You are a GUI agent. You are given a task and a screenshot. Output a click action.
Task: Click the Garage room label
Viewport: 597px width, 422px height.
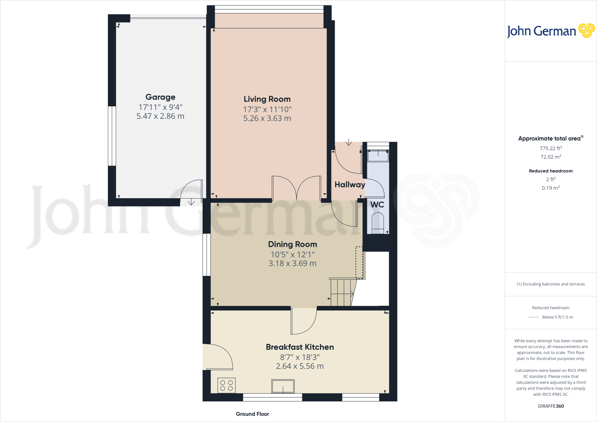point(160,97)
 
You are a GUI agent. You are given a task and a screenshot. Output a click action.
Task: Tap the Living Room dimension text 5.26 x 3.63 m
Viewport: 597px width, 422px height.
point(267,118)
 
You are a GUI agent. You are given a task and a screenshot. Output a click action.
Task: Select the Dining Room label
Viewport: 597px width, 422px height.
point(292,244)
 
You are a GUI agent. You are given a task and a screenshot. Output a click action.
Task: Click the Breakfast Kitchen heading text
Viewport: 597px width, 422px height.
point(300,347)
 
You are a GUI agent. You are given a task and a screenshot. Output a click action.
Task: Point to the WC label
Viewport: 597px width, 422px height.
point(377,205)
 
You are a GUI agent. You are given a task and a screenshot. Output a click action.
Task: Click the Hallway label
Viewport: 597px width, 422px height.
point(350,184)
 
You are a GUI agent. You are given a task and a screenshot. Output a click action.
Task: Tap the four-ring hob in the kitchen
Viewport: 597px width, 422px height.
point(226,385)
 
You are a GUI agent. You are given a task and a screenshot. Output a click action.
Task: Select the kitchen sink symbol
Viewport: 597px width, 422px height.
point(283,386)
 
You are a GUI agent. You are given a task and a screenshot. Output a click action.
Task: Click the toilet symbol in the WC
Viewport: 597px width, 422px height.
point(378,223)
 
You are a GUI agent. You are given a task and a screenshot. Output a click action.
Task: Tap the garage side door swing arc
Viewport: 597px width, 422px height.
point(191,189)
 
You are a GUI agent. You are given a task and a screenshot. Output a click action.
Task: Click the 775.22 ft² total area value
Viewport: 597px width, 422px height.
point(551,148)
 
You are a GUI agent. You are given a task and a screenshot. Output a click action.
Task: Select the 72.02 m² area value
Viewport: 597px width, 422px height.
point(551,157)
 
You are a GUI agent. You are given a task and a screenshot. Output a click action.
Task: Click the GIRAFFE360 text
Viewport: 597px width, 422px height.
point(551,406)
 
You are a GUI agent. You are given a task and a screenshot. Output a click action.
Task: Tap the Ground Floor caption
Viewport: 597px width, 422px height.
point(252,414)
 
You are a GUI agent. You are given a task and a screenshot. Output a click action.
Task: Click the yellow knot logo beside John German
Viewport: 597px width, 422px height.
point(586,31)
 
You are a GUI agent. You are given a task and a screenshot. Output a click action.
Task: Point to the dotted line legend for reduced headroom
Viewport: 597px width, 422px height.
point(533,317)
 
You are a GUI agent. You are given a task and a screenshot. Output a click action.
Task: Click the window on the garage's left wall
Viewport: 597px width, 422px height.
point(112,136)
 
